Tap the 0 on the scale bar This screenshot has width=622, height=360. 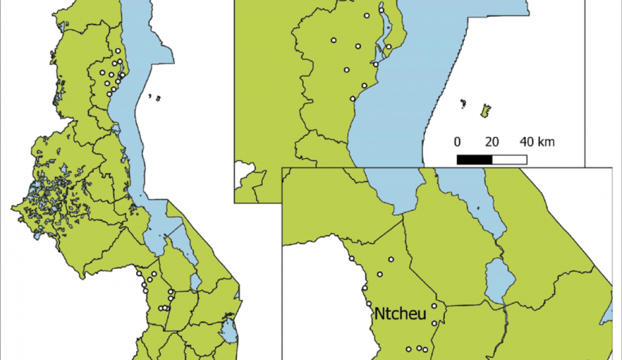click(457, 142)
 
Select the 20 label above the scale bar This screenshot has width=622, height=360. click(492, 142)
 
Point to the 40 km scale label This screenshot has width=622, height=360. click(537, 142)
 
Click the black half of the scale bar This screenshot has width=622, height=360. click(475, 160)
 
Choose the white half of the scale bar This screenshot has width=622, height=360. click(509, 160)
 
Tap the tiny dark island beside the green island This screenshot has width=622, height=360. click(463, 103)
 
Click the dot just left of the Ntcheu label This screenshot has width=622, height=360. click(368, 304)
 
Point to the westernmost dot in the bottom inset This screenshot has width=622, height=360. click(351, 259)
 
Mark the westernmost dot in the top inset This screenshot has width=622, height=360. click(333, 40)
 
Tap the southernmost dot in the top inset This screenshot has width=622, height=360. click(352, 99)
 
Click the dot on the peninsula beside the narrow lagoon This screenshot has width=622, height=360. click(388, 47)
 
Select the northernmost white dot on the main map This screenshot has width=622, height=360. click(118, 50)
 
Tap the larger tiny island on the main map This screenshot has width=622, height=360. click(159, 99)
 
